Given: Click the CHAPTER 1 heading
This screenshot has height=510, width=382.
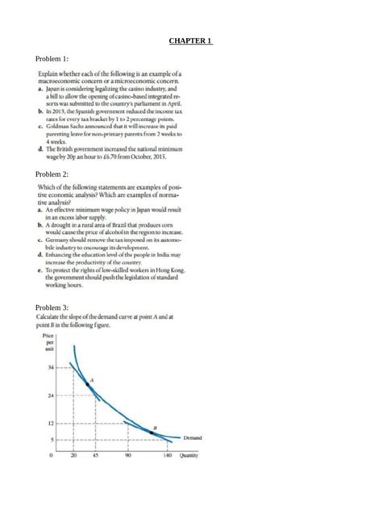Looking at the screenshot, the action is tap(190, 40).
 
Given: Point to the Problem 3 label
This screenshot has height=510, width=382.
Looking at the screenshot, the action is tap(54, 307).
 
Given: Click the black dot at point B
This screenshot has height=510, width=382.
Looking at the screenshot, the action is tap(152, 433).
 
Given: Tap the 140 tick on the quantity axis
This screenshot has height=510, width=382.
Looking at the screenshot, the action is tap(167, 454).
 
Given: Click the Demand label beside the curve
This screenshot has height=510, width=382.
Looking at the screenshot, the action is tap(193, 437).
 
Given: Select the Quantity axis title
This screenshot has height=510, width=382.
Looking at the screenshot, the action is tap(190, 454).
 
